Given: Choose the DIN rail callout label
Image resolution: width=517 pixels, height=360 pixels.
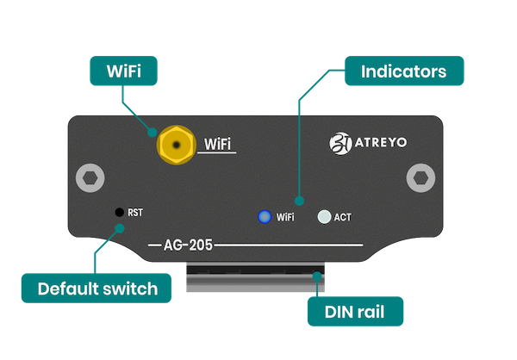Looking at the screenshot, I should [355, 312].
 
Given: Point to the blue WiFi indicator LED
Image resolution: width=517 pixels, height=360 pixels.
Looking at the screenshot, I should [265, 217].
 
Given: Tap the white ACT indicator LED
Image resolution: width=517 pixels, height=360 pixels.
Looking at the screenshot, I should [324, 217].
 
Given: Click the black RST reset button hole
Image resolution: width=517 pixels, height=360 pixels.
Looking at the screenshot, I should [117, 211].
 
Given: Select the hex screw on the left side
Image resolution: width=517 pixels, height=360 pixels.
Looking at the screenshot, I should [89, 179].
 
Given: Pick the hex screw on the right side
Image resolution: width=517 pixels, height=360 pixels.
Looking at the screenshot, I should [419, 178].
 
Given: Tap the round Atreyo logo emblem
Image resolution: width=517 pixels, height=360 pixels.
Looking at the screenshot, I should [340, 142].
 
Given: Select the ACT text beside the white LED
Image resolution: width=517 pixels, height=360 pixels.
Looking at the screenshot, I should [342, 218].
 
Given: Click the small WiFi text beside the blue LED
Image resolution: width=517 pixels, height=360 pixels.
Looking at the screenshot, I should [286, 218].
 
